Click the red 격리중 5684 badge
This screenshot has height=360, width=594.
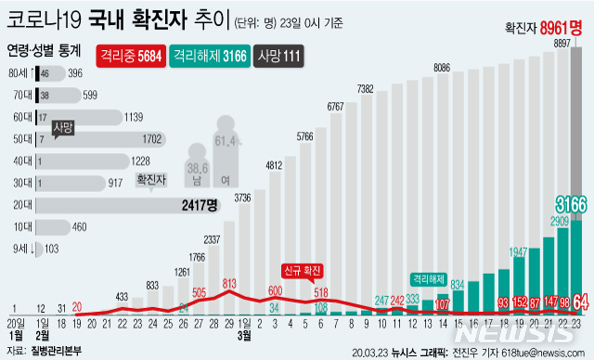point(129,55)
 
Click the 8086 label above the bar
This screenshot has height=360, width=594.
point(442,68)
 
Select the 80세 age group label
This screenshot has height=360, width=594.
point(18,72)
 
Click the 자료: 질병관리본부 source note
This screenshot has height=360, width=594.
point(44,352)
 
